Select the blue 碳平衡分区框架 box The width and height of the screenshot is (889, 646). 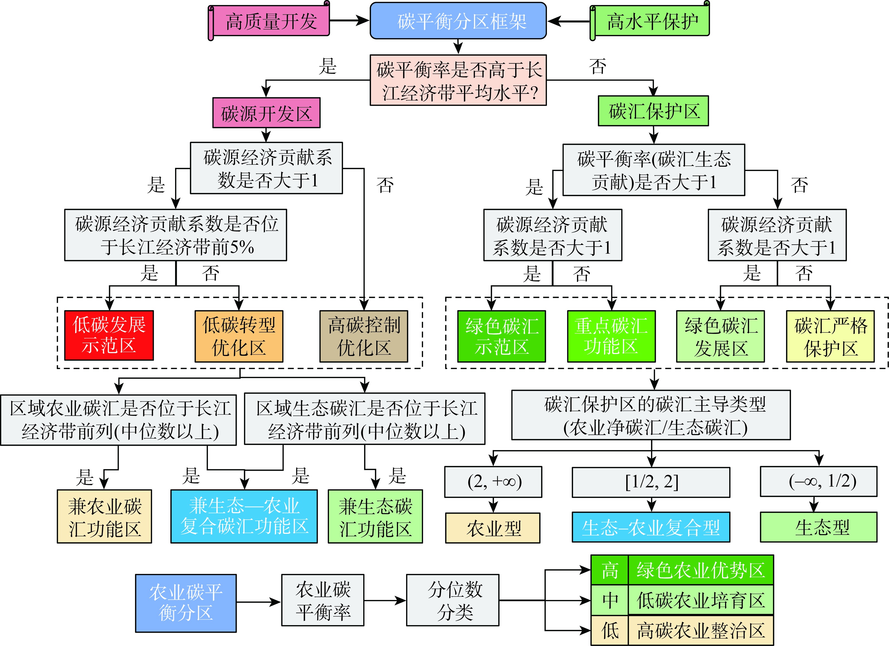pyautogui.click(x=458, y=21)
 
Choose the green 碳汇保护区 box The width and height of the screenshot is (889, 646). pyautogui.click(x=653, y=111)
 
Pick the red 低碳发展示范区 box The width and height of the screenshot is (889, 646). pyautogui.click(x=109, y=336)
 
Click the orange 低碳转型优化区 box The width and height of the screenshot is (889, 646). pyautogui.click(x=239, y=336)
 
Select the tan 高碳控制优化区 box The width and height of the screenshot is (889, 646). pyautogui.click(x=364, y=336)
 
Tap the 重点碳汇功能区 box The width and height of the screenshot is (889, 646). pyautogui.click(x=611, y=336)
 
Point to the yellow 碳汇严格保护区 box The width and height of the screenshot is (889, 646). pyautogui.click(x=830, y=336)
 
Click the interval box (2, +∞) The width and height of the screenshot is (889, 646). pyautogui.click(x=493, y=482)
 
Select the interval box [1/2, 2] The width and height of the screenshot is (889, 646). pyautogui.click(x=651, y=482)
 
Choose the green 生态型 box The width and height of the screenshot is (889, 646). pyautogui.click(x=819, y=527)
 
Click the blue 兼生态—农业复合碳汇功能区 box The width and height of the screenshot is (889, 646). pyautogui.click(x=244, y=516)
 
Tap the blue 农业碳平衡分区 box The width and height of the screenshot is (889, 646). pyautogui.click(x=186, y=603)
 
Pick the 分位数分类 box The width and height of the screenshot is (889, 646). pyautogui.click(x=453, y=600)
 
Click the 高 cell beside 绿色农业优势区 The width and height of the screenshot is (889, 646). pyautogui.click(x=610, y=570)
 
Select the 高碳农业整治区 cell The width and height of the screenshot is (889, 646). pyautogui.click(x=701, y=631)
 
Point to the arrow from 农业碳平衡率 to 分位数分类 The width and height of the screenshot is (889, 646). pyautogui.click(x=385, y=601)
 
